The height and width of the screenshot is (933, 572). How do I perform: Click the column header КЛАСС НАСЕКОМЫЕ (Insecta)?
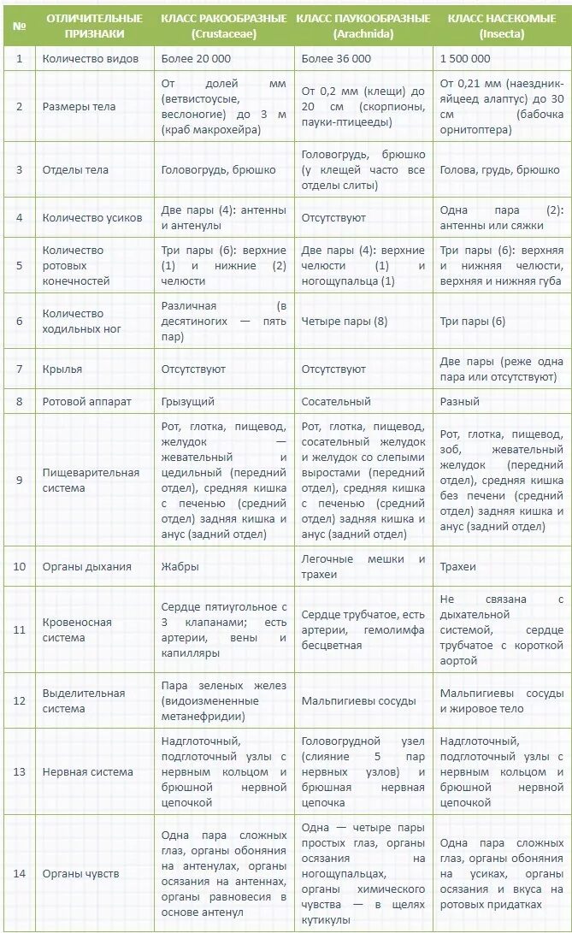click(x=501, y=27)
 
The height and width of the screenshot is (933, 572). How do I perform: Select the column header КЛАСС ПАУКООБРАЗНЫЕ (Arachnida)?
click(x=363, y=27)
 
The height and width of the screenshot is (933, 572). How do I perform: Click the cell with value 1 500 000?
click(x=465, y=58)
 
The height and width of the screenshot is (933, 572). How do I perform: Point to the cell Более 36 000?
click(x=336, y=58)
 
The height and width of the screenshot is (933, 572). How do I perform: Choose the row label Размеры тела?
click(x=79, y=107)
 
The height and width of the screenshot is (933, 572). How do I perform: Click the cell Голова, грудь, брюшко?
click(x=499, y=169)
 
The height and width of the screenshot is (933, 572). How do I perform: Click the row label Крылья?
click(x=62, y=369)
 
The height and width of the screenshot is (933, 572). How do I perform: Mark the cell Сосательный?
click(x=336, y=400)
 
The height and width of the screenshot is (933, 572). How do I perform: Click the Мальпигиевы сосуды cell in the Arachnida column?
click(x=358, y=700)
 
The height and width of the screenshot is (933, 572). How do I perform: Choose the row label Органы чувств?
click(x=80, y=873)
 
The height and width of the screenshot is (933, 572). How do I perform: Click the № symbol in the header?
click(x=19, y=27)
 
